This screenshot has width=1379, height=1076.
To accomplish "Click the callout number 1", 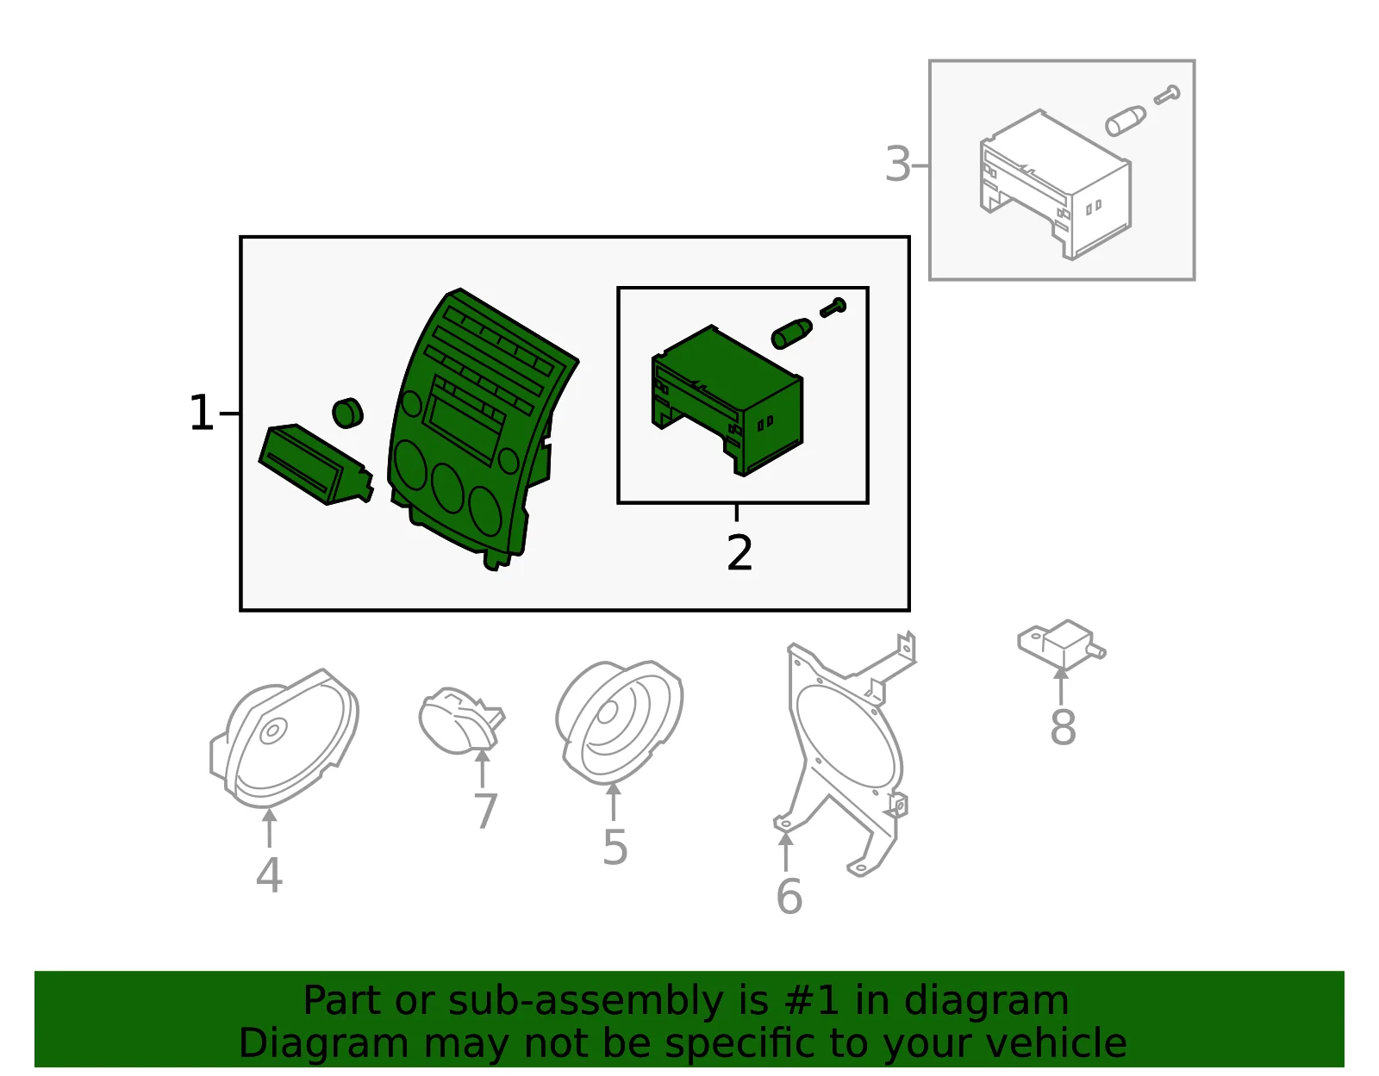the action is tap(202, 413).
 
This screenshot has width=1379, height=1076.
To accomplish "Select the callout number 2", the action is tap(739, 552).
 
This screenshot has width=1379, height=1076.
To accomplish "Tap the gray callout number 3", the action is tap(898, 165).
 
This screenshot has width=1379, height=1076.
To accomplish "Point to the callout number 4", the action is tap(269, 875).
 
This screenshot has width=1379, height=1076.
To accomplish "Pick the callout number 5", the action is tap(615, 847).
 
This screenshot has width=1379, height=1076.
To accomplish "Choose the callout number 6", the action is tap(789, 897).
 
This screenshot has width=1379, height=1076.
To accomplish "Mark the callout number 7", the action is tap(485, 811).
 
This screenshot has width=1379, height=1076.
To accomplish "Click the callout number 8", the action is tap(1063, 727).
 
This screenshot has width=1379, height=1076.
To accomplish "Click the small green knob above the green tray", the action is tap(347, 414).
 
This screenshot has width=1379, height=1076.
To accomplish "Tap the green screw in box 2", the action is tap(833, 308).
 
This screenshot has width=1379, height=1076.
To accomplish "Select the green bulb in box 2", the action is tap(791, 333).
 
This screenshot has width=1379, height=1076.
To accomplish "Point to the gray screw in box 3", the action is tap(1167, 95).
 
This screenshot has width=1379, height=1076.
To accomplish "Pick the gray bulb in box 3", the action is tap(1126, 121).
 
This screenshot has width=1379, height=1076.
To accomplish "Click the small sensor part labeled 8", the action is tap(1061, 645).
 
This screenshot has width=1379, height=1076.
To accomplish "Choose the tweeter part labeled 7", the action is tap(461, 721).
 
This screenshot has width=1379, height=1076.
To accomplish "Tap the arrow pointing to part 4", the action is tap(269, 828).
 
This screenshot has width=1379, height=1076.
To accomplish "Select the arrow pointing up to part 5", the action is tap(613, 802).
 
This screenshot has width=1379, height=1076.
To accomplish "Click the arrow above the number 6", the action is tap(786, 851).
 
